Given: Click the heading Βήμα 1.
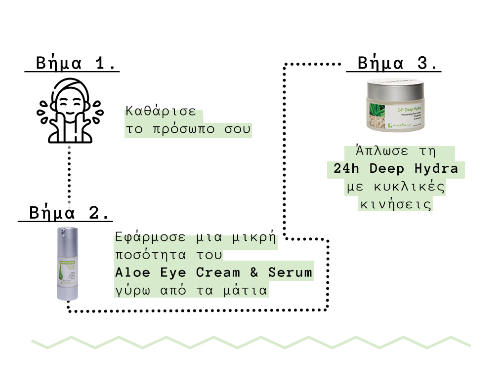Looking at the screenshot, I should coord(76,64).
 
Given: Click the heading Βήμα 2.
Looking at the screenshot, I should coord(69,213).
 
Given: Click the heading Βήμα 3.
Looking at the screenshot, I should coord(398,64).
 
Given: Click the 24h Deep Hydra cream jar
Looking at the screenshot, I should coord(394,106).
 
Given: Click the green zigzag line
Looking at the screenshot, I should coord(251,342).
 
